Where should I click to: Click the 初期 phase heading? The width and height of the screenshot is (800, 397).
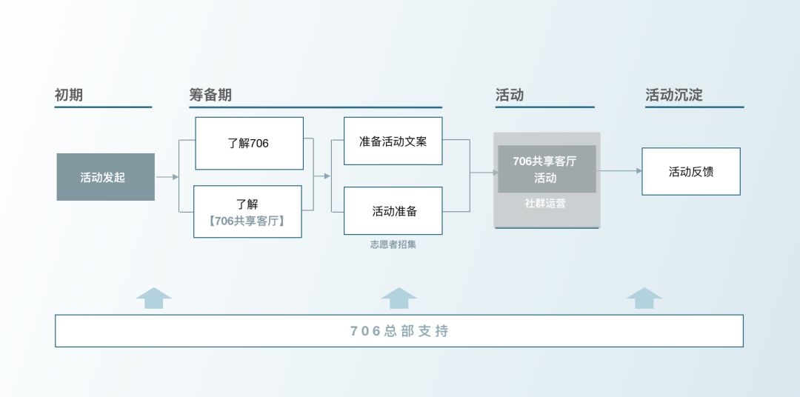pos(69,95)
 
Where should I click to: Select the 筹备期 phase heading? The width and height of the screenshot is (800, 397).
pos(210,95)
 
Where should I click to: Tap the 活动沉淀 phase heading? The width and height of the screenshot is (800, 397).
pos(673,95)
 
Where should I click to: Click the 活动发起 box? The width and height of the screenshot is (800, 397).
pos(105,177)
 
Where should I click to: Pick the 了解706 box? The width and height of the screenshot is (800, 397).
pos(249,143)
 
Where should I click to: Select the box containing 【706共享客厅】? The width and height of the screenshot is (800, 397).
pos(247,212)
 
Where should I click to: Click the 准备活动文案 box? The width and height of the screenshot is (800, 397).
pos(393,141)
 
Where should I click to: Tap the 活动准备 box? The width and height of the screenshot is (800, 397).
pos(393,211)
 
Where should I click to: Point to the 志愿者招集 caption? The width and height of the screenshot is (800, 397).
pos(393,244)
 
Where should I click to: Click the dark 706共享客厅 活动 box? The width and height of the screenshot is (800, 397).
pos(546,169)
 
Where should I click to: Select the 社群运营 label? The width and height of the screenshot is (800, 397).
pos(546,203)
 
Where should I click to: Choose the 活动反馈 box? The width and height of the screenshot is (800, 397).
pos(690,171)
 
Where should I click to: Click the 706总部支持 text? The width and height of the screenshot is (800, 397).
pos(399,331)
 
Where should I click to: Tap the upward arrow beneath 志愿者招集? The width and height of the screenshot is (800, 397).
pos(399,298)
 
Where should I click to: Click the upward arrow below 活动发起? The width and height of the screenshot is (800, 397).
pos(154,298)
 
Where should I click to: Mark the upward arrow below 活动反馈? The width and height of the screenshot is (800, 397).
pos(644,298)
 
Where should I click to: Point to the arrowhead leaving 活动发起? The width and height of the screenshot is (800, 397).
pos(176,177)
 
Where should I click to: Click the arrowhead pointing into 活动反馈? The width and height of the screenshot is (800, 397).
pos(639,171)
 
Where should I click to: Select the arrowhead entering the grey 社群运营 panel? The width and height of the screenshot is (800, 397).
pos(495,173)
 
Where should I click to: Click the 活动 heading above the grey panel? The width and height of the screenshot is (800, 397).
pos(510,95)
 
